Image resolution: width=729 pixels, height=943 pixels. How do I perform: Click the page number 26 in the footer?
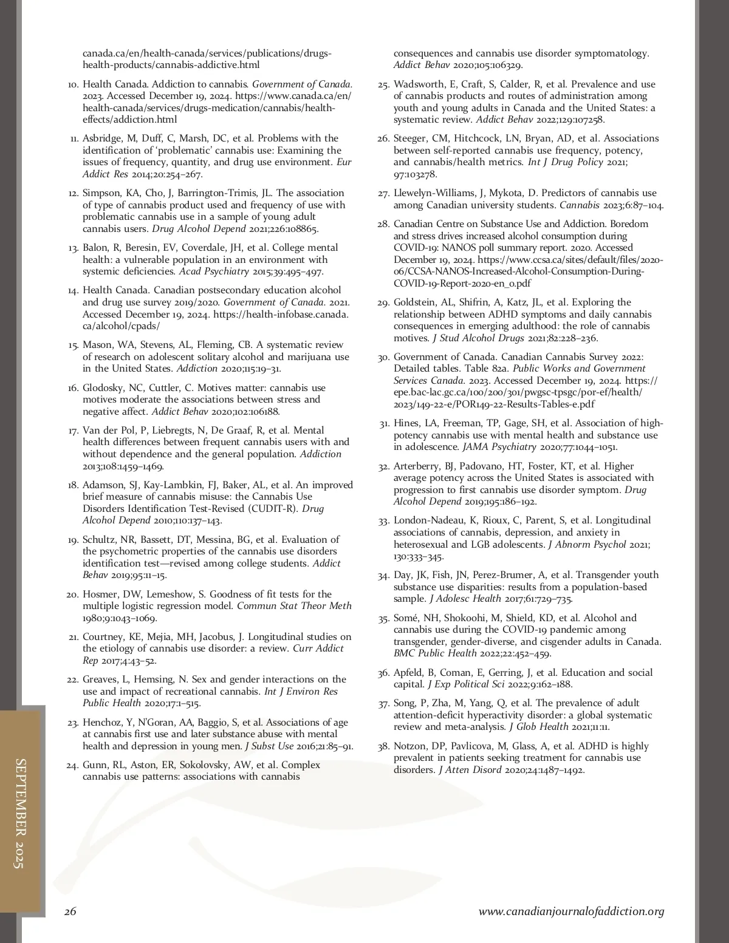pos(70,911)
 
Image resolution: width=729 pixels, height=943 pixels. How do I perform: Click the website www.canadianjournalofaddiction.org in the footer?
pos(571,911)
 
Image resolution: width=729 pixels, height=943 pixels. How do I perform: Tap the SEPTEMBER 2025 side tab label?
pos(20,813)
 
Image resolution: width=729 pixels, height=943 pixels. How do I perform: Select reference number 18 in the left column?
pos(73,485)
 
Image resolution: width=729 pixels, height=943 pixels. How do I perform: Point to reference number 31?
pos(384,424)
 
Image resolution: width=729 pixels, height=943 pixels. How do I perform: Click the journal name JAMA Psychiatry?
pos(499,447)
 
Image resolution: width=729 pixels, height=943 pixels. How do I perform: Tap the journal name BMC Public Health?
pos(435,653)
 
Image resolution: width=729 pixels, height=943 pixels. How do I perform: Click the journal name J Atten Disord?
pos(470,770)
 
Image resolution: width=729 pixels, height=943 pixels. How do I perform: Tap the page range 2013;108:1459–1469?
pos(123,466)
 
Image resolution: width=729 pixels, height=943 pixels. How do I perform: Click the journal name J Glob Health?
pos(538,727)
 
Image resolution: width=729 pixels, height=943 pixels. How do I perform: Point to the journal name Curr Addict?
pos(318,649)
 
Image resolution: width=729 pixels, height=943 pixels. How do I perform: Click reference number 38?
pos(383,746)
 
